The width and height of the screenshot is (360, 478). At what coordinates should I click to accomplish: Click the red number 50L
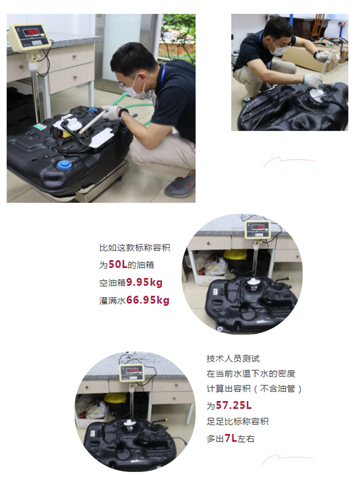click(x=118, y=264)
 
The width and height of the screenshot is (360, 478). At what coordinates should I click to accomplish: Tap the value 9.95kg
click(x=145, y=282)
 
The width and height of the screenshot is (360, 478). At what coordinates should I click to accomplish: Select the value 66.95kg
click(x=148, y=300)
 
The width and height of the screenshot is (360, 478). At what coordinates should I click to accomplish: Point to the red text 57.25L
click(x=233, y=405)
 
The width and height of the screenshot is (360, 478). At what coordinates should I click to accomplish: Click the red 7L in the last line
click(x=231, y=438)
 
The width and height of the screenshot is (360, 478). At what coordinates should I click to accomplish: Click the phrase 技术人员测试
click(x=233, y=359)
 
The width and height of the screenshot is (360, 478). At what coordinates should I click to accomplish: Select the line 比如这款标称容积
click(x=134, y=248)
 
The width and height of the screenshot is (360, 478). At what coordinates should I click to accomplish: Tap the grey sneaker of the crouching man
click(x=181, y=186)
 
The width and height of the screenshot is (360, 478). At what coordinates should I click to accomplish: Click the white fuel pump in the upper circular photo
click(x=253, y=283)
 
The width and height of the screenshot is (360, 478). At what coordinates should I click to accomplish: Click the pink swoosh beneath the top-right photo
click(x=289, y=161)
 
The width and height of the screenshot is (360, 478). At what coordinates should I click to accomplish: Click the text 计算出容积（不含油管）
click(x=254, y=389)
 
